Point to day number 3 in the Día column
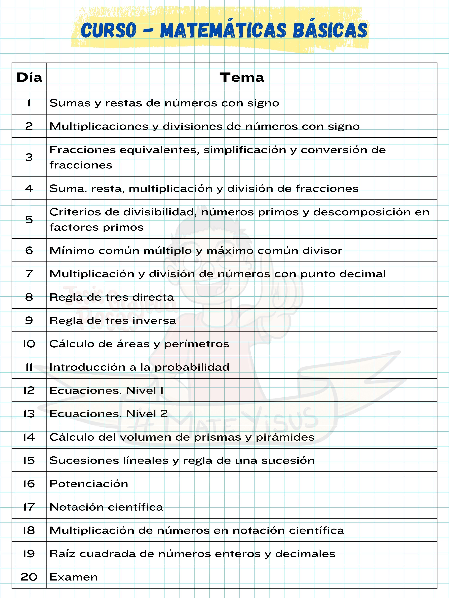(x=29, y=157)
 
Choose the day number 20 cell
(x=29, y=577)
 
